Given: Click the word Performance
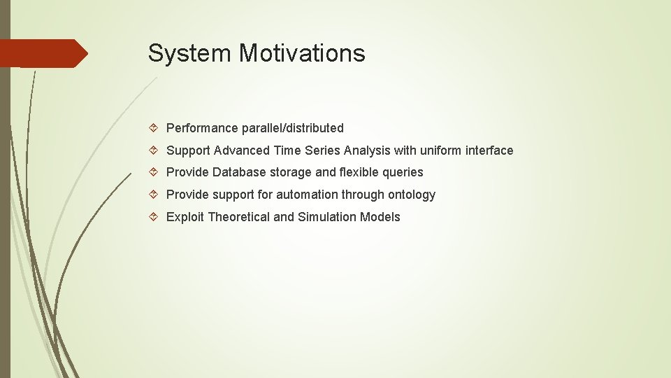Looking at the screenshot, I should [x=202, y=128].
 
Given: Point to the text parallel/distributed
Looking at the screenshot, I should [x=293, y=128].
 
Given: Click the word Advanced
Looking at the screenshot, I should [x=242, y=150].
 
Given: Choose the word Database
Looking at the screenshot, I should [x=238, y=172].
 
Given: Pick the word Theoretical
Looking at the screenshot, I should [x=238, y=217].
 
